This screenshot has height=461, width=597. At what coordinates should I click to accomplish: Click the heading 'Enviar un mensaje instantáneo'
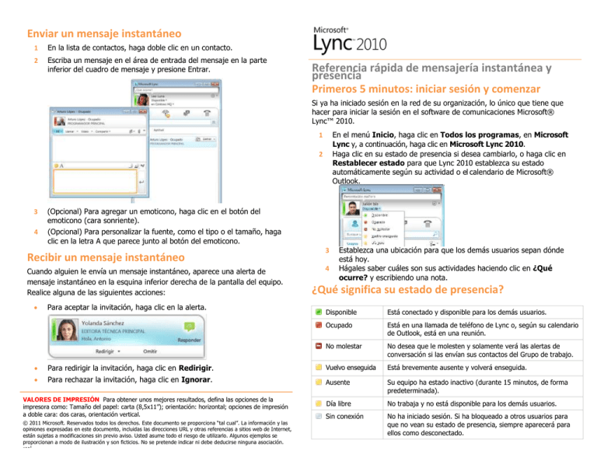pos(104,33)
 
